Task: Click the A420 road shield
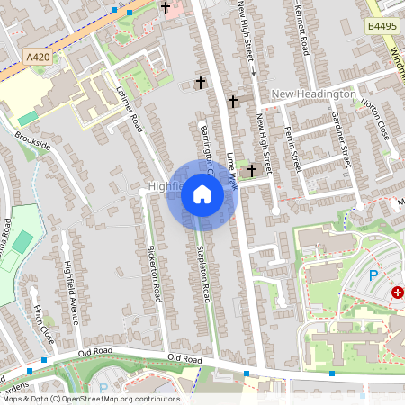[38, 57]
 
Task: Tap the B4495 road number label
[382, 28]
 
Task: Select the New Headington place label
[313, 94]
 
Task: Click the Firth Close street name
[41, 321]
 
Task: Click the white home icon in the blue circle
[202, 194]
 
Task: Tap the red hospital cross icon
[397, 292]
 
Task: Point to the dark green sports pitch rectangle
[22, 241]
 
